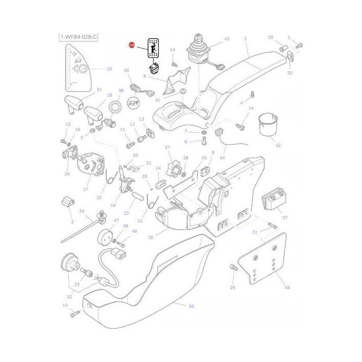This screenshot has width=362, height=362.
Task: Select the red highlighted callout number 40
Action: (132, 46)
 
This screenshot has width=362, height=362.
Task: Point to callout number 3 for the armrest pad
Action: (245, 39)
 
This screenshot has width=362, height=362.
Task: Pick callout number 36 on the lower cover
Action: (191, 306)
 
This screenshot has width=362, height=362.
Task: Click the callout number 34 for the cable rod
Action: (81, 211)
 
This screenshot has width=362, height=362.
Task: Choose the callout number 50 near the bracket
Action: (290, 73)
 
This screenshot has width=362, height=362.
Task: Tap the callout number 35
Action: (270, 37)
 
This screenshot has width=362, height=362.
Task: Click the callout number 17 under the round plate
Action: (85, 190)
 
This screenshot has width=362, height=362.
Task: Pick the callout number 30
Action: (150, 237)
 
